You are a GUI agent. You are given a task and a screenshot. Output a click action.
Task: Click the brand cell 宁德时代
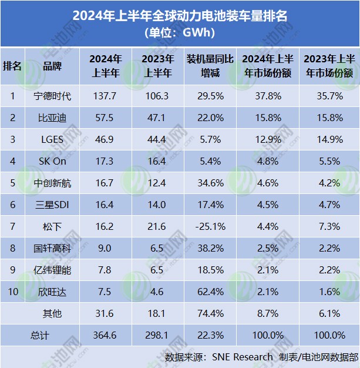(x=52, y=96)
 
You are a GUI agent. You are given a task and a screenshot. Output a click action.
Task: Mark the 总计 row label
(x=40, y=334)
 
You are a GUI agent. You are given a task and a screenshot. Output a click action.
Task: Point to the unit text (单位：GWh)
(x=179, y=33)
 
